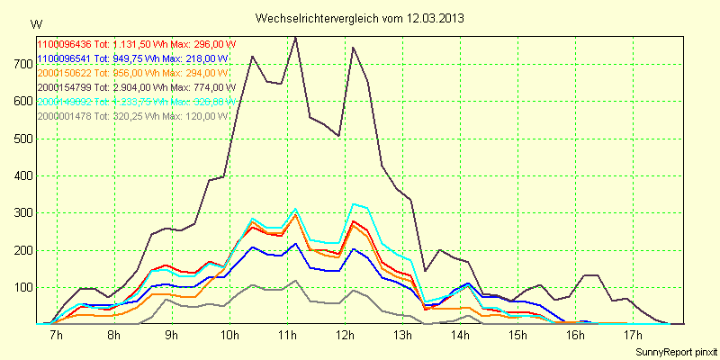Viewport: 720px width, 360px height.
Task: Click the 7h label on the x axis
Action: [56, 336]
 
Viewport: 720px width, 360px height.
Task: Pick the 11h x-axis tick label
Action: [287, 336]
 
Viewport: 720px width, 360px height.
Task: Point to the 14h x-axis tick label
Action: [460, 336]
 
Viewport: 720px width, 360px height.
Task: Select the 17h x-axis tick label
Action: [633, 336]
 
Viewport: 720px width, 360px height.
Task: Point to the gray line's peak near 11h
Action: [295, 281]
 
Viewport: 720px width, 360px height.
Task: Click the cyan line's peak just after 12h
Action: [354, 204]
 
